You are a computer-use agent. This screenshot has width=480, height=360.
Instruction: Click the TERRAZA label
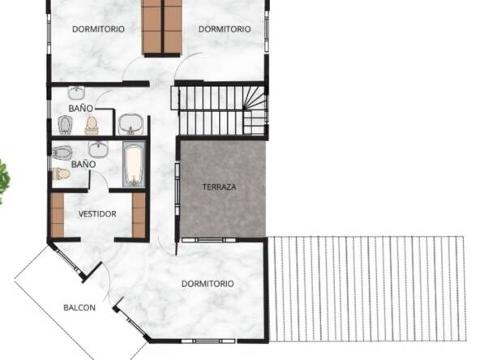pos(219,186)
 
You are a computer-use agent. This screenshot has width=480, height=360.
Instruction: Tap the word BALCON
pos(79,307)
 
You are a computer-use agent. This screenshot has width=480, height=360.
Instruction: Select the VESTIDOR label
pos(97,214)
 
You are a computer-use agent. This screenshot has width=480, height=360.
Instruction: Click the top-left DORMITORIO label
pos(98,29)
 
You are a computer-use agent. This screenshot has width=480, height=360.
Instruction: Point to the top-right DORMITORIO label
pos(225,29)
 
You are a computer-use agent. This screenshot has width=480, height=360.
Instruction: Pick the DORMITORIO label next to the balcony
pos(208,284)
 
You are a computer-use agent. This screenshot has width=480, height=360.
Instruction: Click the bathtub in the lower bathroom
pos(134,164)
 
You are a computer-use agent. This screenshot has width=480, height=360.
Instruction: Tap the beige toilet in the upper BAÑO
pos(92,126)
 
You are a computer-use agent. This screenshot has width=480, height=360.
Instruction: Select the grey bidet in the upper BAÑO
pos(65,125)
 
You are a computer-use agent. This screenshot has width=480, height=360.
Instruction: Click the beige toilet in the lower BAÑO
pos(62,174)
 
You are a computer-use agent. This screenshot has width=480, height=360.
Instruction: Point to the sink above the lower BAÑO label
pos(98,149)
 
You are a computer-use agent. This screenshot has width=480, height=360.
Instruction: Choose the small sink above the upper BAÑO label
pos(76,92)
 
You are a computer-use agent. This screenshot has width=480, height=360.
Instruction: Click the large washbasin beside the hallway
pos(131,124)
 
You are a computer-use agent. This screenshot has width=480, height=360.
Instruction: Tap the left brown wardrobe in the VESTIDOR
pos(58,215)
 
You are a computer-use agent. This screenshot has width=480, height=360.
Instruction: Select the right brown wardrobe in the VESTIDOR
pos(139,215)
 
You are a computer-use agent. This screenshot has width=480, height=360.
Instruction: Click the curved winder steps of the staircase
pos(254,99)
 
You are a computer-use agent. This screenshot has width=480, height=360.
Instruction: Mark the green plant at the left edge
pos(4,181)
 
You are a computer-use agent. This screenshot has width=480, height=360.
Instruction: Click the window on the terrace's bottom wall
pos(208,240)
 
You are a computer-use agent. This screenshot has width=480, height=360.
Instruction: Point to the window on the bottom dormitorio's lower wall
pos(208,341)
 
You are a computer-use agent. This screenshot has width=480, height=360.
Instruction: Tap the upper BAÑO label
pos(81,109)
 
